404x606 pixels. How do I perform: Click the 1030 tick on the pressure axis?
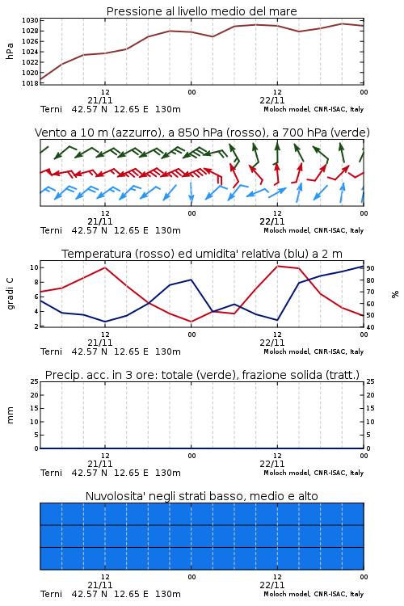[30, 20]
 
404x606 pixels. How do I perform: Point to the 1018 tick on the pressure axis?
[30, 83]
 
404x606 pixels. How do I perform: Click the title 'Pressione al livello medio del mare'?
[201, 11]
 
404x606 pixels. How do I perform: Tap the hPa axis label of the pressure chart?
[10, 51]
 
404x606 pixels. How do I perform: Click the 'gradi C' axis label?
[10, 293]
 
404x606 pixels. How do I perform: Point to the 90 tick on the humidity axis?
[370, 268]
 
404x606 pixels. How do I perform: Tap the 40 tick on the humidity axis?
[370, 327]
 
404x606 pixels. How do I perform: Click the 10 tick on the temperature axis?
[34, 267]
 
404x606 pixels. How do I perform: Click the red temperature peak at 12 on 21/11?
[105, 267]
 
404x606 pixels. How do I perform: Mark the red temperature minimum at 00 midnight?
[191, 322]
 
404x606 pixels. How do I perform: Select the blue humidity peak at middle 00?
[191, 280]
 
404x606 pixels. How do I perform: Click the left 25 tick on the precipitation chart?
[34, 381]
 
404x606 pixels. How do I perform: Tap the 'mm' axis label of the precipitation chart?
[10, 415]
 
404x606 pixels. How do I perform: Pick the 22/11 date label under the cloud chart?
[272, 585]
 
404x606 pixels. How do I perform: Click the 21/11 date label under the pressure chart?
[100, 100]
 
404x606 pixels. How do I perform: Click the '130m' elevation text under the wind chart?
[168, 230]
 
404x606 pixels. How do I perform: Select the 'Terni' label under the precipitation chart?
[51, 473]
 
